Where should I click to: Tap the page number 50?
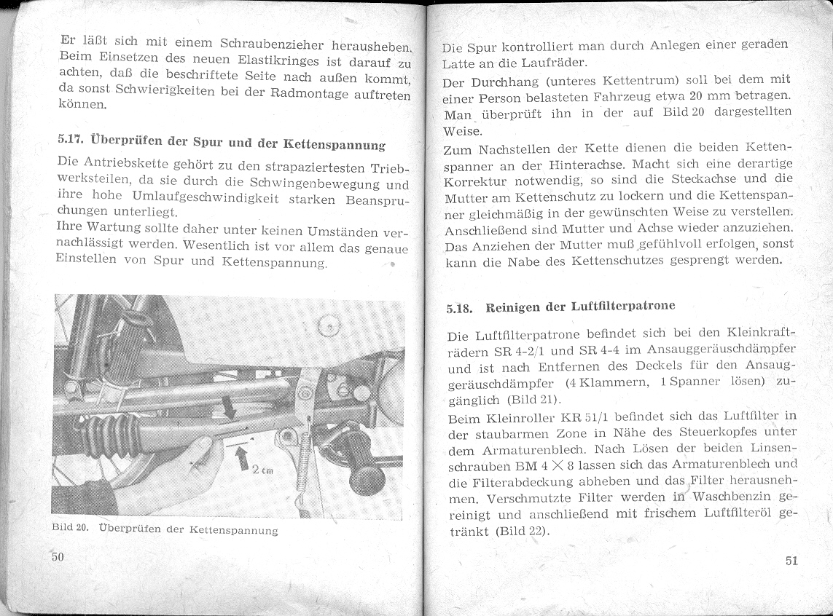(58, 557)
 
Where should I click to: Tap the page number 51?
(792, 561)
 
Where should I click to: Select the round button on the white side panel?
(329, 325)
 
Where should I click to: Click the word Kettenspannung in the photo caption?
(243, 531)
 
